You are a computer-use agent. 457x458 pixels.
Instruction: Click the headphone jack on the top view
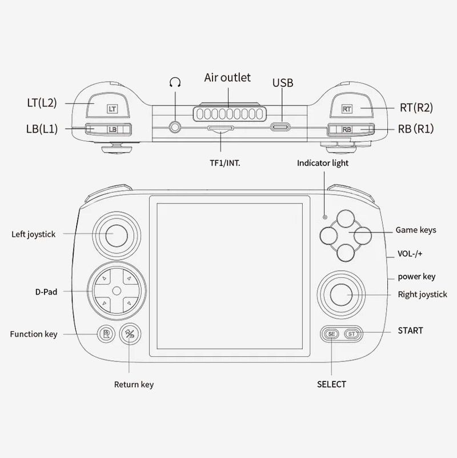click(175, 127)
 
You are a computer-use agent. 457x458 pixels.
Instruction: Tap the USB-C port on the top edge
click(280, 127)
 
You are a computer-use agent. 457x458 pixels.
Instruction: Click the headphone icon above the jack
click(175, 82)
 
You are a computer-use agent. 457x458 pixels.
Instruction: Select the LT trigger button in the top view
click(108, 105)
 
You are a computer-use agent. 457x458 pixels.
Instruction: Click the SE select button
click(332, 334)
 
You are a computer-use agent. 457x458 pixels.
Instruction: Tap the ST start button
click(352, 334)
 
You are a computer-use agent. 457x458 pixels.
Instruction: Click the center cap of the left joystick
click(117, 236)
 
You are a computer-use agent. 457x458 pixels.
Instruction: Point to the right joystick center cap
click(341, 294)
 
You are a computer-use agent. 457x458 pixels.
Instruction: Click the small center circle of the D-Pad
click(117, 290)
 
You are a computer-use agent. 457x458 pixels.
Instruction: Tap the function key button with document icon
click(106, 333)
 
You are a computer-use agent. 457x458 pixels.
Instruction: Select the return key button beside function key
click(130, 333)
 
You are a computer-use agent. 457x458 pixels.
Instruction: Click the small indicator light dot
click(325, 217)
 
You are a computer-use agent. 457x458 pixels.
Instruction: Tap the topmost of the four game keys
click(346, 219)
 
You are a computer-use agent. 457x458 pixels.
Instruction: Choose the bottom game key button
click(346, 253)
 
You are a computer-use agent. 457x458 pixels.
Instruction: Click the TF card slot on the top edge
click(221, 129)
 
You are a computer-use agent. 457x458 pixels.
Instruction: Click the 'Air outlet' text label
click(227, 77)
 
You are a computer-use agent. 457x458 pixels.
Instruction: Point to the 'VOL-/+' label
click(410, 253)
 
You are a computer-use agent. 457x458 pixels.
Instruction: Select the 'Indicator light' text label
click(322, 163)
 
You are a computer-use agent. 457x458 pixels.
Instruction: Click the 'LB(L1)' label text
click(42, 129)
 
